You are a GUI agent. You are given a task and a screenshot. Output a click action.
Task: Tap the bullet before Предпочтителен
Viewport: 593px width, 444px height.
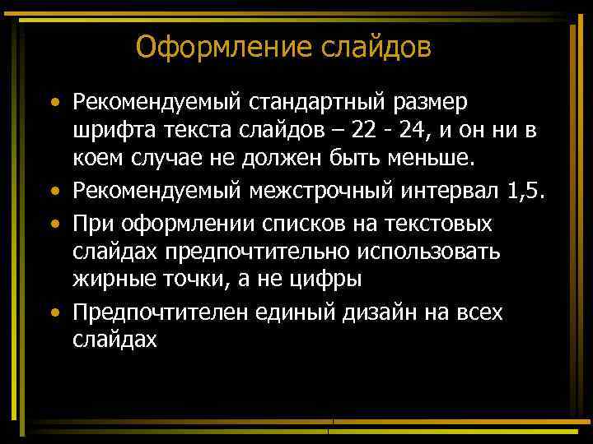55,313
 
